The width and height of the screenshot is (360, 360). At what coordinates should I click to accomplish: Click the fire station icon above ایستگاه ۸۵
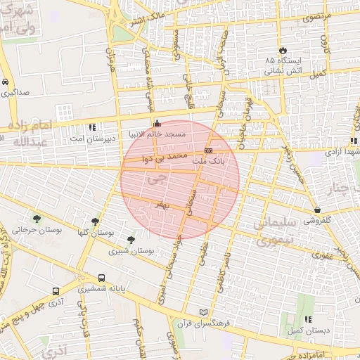(x=283, y=51)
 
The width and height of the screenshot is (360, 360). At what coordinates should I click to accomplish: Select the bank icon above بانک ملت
(x=208, y=150)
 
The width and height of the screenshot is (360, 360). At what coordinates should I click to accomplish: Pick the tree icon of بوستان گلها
(x=96, y=221)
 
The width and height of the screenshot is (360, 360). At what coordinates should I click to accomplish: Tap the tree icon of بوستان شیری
(x=131, y=240)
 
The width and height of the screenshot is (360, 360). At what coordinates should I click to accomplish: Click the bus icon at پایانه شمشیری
(x=102, y=278)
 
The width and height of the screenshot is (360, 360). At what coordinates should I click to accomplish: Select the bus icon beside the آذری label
(x=56, y=290)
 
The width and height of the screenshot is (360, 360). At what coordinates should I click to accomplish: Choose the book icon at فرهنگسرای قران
(x=204, y=311)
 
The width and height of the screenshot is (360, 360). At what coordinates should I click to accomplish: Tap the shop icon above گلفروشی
(x=318, y=210)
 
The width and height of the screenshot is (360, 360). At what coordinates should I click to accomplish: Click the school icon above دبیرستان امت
(x=93, y=128)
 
